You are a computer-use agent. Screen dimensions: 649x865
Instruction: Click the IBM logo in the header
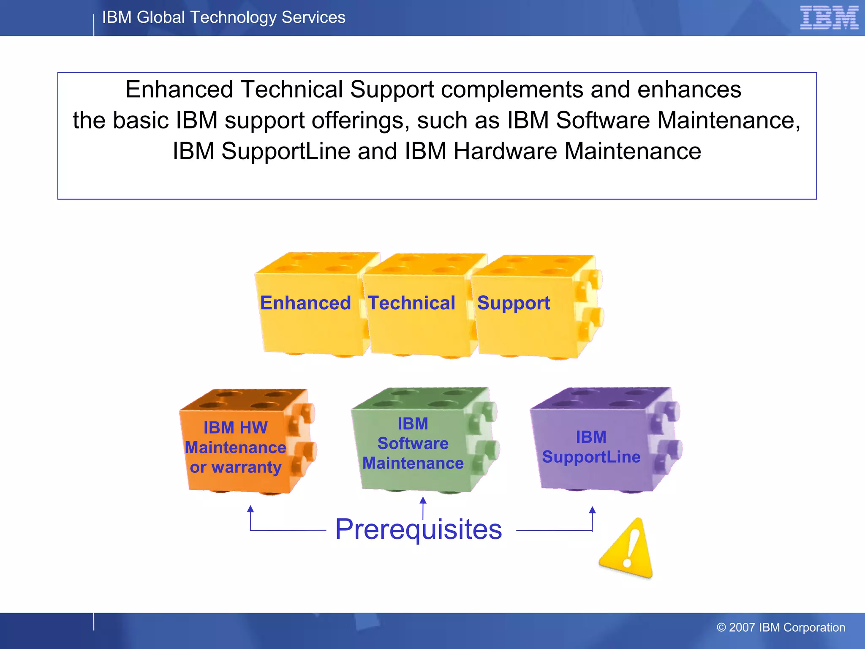pos(829,18)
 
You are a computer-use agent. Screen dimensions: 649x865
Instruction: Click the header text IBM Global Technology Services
pos(223,17)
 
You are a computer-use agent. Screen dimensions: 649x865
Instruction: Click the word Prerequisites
pos(418,529)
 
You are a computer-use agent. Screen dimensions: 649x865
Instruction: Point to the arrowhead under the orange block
pos(250,509)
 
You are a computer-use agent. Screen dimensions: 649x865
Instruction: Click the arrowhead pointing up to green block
pos(423,500)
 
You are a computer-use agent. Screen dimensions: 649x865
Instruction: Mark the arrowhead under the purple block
pos(592,510)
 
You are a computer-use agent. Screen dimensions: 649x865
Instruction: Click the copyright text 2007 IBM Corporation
pos(781,627)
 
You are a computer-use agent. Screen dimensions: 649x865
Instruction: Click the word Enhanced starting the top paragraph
pos(179,90)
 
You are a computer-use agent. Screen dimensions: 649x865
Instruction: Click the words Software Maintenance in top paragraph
pos(675,120)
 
